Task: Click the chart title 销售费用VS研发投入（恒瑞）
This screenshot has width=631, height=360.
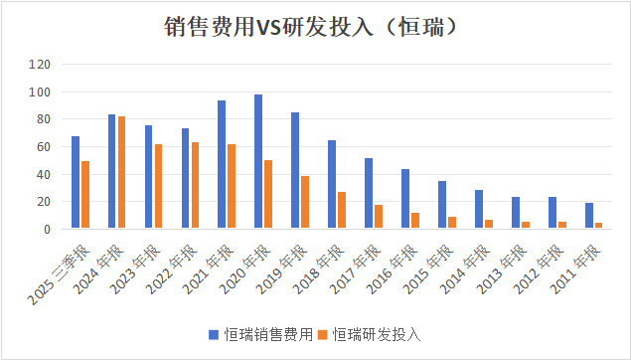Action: point(314,27)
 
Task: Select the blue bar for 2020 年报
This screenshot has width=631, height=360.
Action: point(258,162)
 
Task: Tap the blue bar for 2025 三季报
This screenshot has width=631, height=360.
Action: point(76,183)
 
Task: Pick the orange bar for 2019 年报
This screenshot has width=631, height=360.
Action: point(305,203)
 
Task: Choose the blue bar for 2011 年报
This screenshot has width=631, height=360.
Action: point(588,216)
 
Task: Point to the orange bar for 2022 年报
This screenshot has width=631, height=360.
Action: point(195,186)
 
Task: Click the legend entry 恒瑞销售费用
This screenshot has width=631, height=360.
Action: point(264,334)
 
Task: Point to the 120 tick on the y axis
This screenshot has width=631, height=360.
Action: point(40,65)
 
